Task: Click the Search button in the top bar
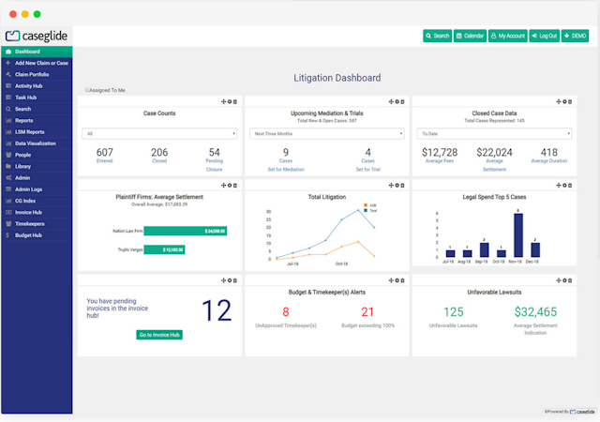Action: click(x=437, y=36)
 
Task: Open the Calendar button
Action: click(x=470, y=36)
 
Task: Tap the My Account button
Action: click(x=507, y=36)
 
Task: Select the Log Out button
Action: click(x=544, y=36)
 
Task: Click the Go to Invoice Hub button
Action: click(x=159, y=335)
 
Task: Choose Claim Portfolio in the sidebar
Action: click(x=32, y=74)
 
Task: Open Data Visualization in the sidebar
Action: click(x=36, y=143)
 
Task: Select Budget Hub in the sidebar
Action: click(x=28, y=235)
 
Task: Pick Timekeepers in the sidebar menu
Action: click(x=30, y=224)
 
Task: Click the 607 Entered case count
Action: click(x=105, y=152)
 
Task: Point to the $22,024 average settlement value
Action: click(x=494, y=152)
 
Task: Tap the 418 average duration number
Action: click(x=549, y=152)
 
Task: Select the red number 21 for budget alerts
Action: click(x=367, y=312)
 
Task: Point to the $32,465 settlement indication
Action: click(x=535, y=312)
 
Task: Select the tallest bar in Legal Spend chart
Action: click(x=518, y=234)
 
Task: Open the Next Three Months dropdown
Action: click(x=326, y=133)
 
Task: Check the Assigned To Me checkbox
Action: click(x=86, y=90)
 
